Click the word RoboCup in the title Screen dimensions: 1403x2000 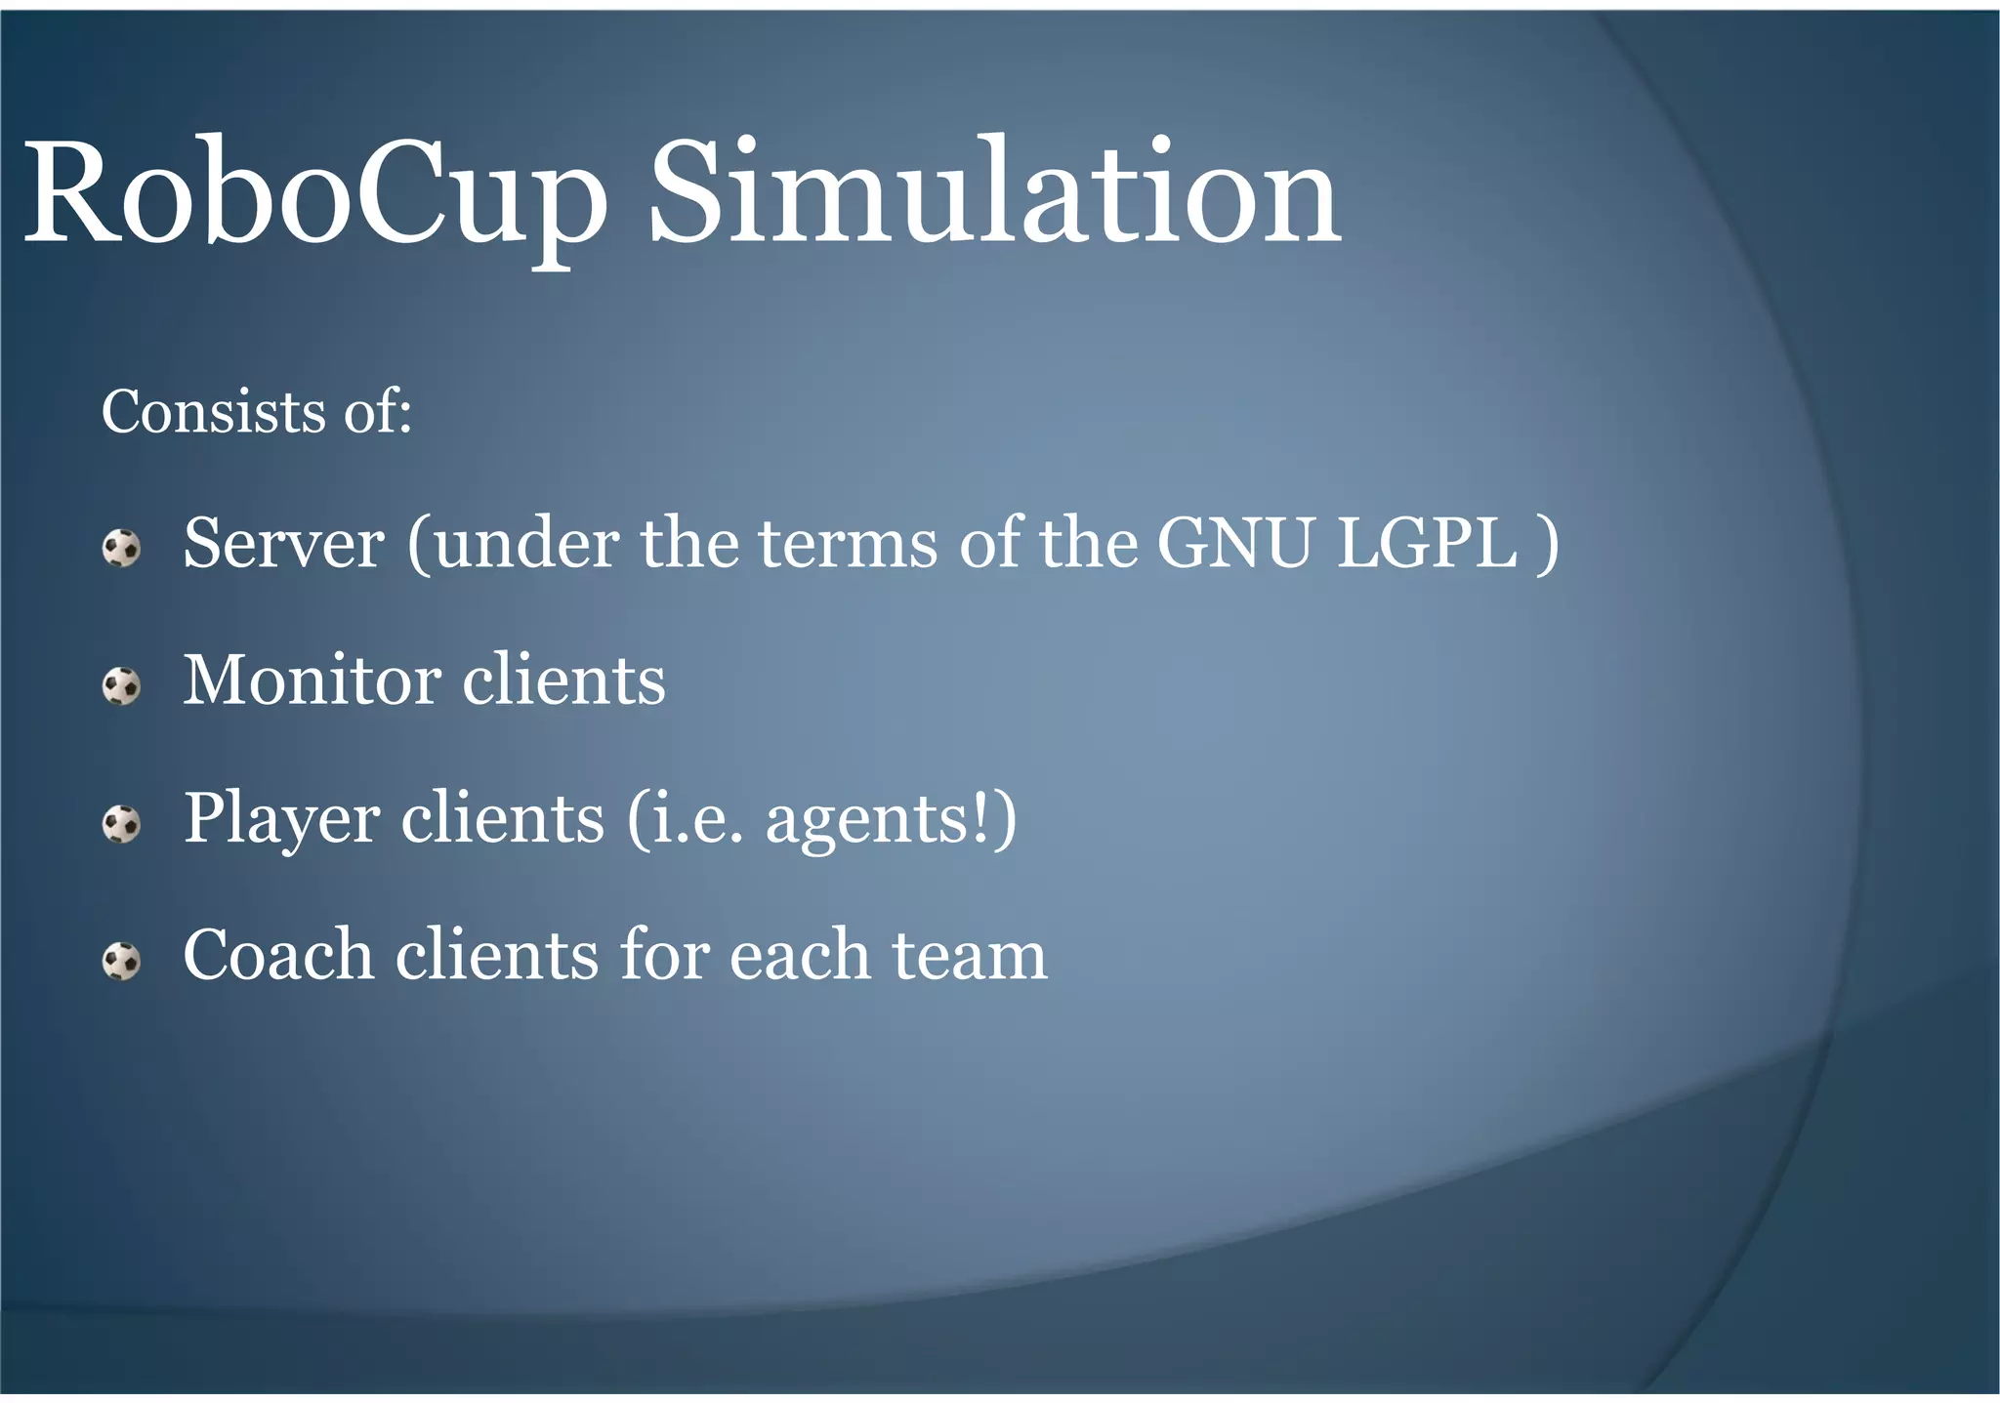click(312, 195)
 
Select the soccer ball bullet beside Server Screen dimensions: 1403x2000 click(122, 548)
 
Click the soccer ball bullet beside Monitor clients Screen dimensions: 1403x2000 click(122, 685)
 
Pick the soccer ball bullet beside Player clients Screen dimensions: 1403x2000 click(122, 824)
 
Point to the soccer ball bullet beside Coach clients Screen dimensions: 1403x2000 click(122, 962)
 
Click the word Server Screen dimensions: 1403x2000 click(283, 544)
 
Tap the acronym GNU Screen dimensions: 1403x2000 click(1234, 544)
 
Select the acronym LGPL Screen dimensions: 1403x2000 click(1427, 544)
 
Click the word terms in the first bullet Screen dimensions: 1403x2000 click(848, 544)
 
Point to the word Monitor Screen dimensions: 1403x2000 click(312, 681)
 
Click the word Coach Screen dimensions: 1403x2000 click(278, 956)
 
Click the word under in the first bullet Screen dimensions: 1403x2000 click(527, 544)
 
